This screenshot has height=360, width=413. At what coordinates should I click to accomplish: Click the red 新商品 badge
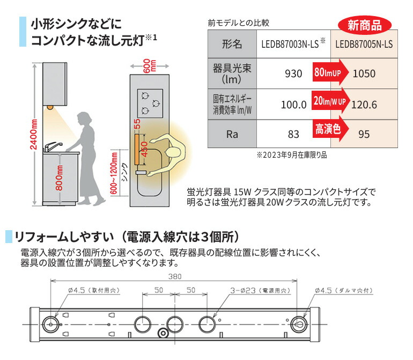coord(365,24)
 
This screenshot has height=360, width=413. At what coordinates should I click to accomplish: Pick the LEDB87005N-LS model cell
coord(367,44)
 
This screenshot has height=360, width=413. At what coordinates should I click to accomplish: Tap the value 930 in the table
coord(293,74)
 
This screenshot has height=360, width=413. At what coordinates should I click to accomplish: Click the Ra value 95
coord(364,134)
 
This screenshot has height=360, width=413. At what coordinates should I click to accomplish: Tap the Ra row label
coord(232,134)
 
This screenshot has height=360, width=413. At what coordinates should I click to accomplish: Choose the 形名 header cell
coord(232,44)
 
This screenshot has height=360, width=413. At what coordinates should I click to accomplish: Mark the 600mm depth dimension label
coord(148,65)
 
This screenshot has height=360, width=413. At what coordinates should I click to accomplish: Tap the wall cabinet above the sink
coord(56,83)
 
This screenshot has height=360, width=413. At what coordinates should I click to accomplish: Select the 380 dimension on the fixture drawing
coord(173,277)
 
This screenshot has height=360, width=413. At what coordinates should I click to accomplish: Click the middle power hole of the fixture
coord(175,324)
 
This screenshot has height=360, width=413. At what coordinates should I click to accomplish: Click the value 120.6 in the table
coord(364,104)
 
